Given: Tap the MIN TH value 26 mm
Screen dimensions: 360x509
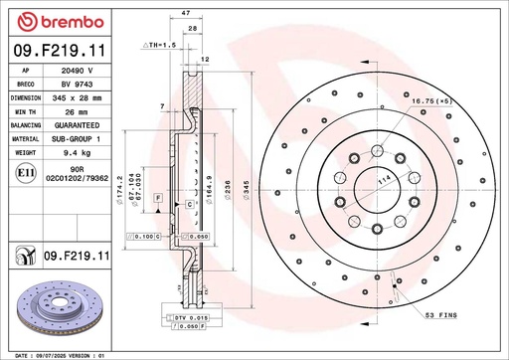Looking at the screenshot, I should tap(77, 113).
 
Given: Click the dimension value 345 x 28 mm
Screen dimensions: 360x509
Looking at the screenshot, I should tap(77, 99).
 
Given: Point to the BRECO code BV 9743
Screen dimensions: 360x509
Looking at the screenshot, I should tap(77, 87).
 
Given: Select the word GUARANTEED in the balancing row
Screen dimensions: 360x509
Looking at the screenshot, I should tap(77, 126).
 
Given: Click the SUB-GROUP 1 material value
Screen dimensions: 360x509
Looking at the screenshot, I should tap(77, 139).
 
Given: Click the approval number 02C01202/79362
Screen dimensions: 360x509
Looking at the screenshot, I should tap(77, 182).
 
